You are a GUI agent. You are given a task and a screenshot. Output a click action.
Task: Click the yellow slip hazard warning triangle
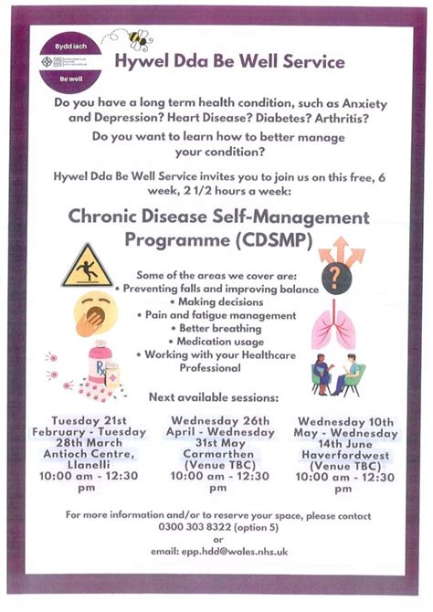click(x=87, y=267)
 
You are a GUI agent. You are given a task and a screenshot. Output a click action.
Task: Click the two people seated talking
click(x=337, y=374)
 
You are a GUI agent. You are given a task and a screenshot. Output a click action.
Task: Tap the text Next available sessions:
click(x=215, y=397)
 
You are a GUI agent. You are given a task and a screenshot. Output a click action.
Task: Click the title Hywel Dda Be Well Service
click(x=229, y=62)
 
